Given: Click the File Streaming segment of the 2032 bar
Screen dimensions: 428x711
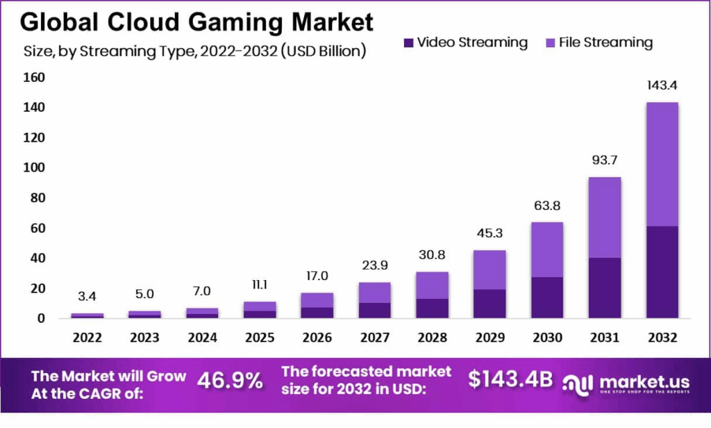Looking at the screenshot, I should [662, 164].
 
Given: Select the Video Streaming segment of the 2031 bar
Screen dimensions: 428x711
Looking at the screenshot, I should [604, 288].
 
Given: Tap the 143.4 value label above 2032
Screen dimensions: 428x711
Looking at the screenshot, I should [662, 86].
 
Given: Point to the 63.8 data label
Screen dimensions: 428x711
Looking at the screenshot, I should [546, 205].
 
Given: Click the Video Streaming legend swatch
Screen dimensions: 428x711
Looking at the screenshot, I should [408, 43].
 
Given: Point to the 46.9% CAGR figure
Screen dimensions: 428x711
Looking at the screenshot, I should [231, 380].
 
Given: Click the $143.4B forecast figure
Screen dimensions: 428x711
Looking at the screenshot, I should [510, 379].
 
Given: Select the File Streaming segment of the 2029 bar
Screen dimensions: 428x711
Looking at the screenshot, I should [489, 270].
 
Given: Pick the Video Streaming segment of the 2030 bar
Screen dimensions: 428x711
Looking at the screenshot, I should [546, 297].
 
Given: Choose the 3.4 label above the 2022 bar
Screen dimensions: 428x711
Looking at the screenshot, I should [87, 297].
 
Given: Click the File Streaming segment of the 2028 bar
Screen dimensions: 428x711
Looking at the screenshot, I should [431, 285].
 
